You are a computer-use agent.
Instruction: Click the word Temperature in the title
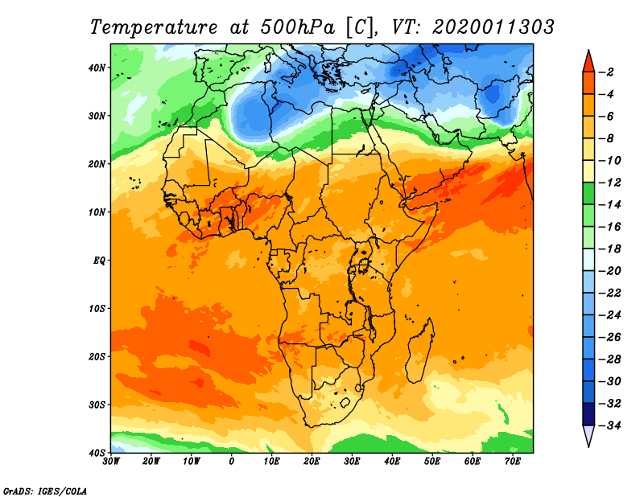click(154, 27)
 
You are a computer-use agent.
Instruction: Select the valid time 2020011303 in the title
click(493, 27)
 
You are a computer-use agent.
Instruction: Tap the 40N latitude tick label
click(97, 68)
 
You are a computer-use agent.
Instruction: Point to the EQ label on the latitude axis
click(99, 261)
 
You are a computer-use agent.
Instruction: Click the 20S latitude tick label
click(97, 356)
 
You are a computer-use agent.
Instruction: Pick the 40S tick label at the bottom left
click(97, 453)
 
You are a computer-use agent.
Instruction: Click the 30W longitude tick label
click(111, 462)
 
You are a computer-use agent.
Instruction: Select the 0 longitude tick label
click(232, 462)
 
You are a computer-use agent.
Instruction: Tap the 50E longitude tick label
click(432, 462)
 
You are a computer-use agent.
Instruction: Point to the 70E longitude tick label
click(513, 462)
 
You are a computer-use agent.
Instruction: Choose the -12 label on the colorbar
click(610, 183)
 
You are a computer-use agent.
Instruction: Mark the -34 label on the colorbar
click(610, 425)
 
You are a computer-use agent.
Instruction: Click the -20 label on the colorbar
click(610, 271)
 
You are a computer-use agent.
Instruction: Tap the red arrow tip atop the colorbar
click(588, 51)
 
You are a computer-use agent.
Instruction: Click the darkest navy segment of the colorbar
click(588, 414)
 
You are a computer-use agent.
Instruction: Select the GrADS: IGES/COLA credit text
click(45, 491)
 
